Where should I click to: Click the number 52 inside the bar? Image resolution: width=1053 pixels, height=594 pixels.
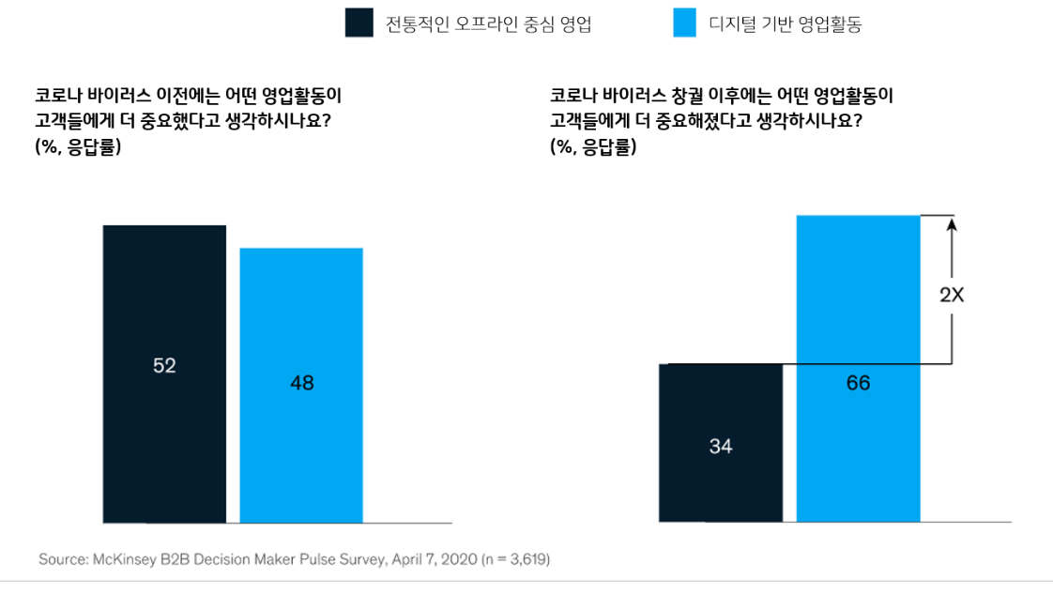pyautogui.click(x=164, y=366)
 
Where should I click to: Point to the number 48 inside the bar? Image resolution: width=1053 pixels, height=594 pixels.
pyautogui.click(x=301, y=383)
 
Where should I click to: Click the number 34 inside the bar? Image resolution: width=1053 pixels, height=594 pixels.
pyautogui.click(x=720, y=447)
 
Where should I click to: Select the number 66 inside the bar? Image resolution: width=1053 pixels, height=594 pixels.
pyautogui.click(x=858, y=383)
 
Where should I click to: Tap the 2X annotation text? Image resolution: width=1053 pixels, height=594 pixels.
pyautogui.click(x=952, y=295)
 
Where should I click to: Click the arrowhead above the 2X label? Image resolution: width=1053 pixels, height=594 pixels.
pyautogui.click(x=952, y=223)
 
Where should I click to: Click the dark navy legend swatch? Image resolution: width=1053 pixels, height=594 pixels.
pyautogui.click(x=359, y=23)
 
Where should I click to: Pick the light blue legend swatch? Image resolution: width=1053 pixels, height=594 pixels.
pyautogui.click(x=685, y=23)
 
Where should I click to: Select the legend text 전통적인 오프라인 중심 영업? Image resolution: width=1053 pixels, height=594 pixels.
pyautogui.click(x=488, y=24)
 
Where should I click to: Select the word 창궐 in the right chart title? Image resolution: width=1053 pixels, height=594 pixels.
pyautogui.click(x=690, y=96)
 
